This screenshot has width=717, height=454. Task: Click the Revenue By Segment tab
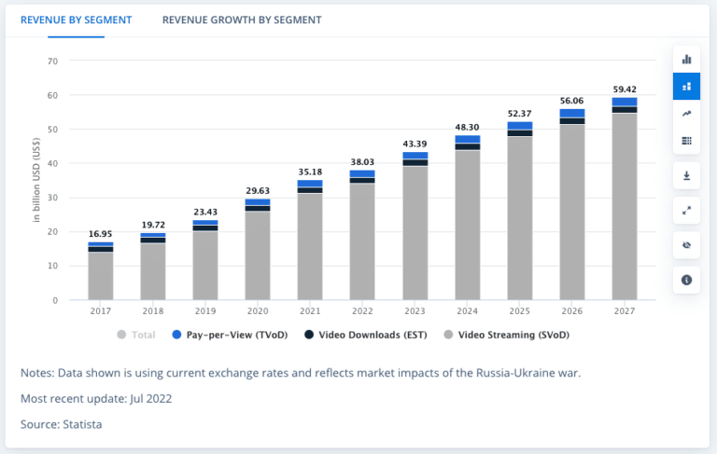tap(76, 20)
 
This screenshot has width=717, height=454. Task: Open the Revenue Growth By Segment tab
tap(242, 20)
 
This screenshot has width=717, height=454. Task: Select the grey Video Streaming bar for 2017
tap(101, 275)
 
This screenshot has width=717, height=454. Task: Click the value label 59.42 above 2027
tap(624, 89)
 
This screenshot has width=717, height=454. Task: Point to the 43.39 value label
tap(415, 144)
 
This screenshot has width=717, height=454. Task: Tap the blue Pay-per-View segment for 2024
tap(467, 139)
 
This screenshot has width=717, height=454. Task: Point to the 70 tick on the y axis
tap(52, 62)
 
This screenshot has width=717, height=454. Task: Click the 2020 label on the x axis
tap(258, 310)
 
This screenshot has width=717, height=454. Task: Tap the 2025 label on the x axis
tap(519, 310)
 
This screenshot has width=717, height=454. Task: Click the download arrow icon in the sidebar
tap(686, 174)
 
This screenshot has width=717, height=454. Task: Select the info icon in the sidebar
tap(686, 280)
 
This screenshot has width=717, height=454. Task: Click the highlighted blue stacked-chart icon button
tap(686, 86)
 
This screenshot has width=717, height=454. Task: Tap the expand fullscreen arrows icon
tap(686, 210)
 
